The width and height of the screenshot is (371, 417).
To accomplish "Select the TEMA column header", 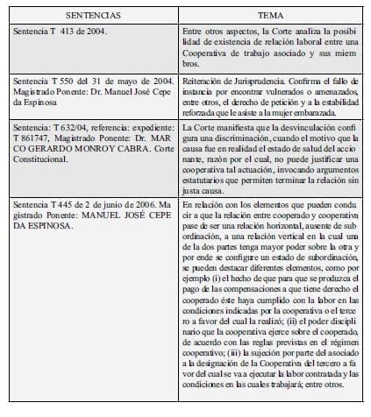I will [268, 16].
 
